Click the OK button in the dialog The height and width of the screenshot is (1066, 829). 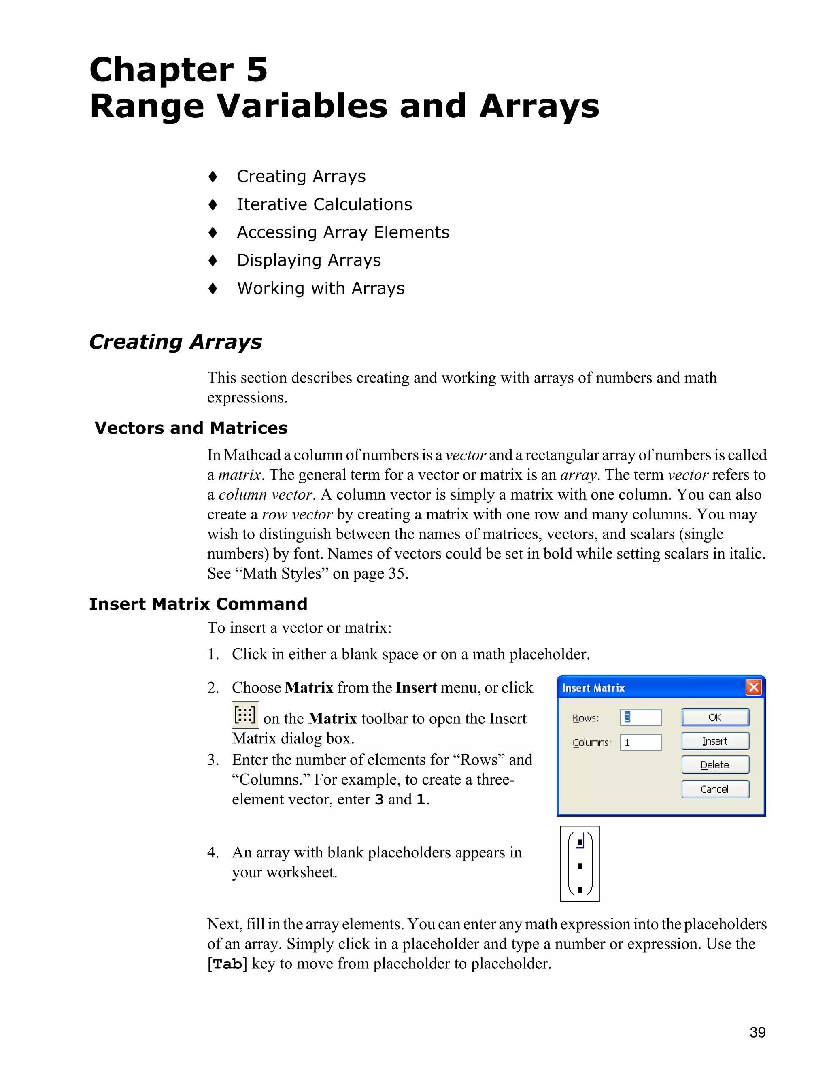point(715,717)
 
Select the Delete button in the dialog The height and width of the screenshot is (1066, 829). point(715,765)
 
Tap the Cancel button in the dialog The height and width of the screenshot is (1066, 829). point(715,789)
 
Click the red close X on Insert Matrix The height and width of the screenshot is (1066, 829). point(754,688)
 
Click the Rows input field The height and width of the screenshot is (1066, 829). point(641,717)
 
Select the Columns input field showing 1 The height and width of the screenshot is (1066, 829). point(641,743)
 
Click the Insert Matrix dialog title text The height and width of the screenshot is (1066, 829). point(593,688)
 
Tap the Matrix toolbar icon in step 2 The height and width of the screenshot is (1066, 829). point(245,715)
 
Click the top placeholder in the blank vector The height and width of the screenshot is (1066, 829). point(580,843)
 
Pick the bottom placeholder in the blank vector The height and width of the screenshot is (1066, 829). point(580,889)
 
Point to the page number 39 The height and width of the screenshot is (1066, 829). point(757,1032)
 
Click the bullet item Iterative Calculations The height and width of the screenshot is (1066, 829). point(325,204)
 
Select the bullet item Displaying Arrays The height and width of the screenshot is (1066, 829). point(309,260)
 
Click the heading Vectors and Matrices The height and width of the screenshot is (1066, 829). point(191,428)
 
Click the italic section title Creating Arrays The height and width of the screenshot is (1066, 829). point(176,342)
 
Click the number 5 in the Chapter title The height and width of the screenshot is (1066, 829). point(257,69)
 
